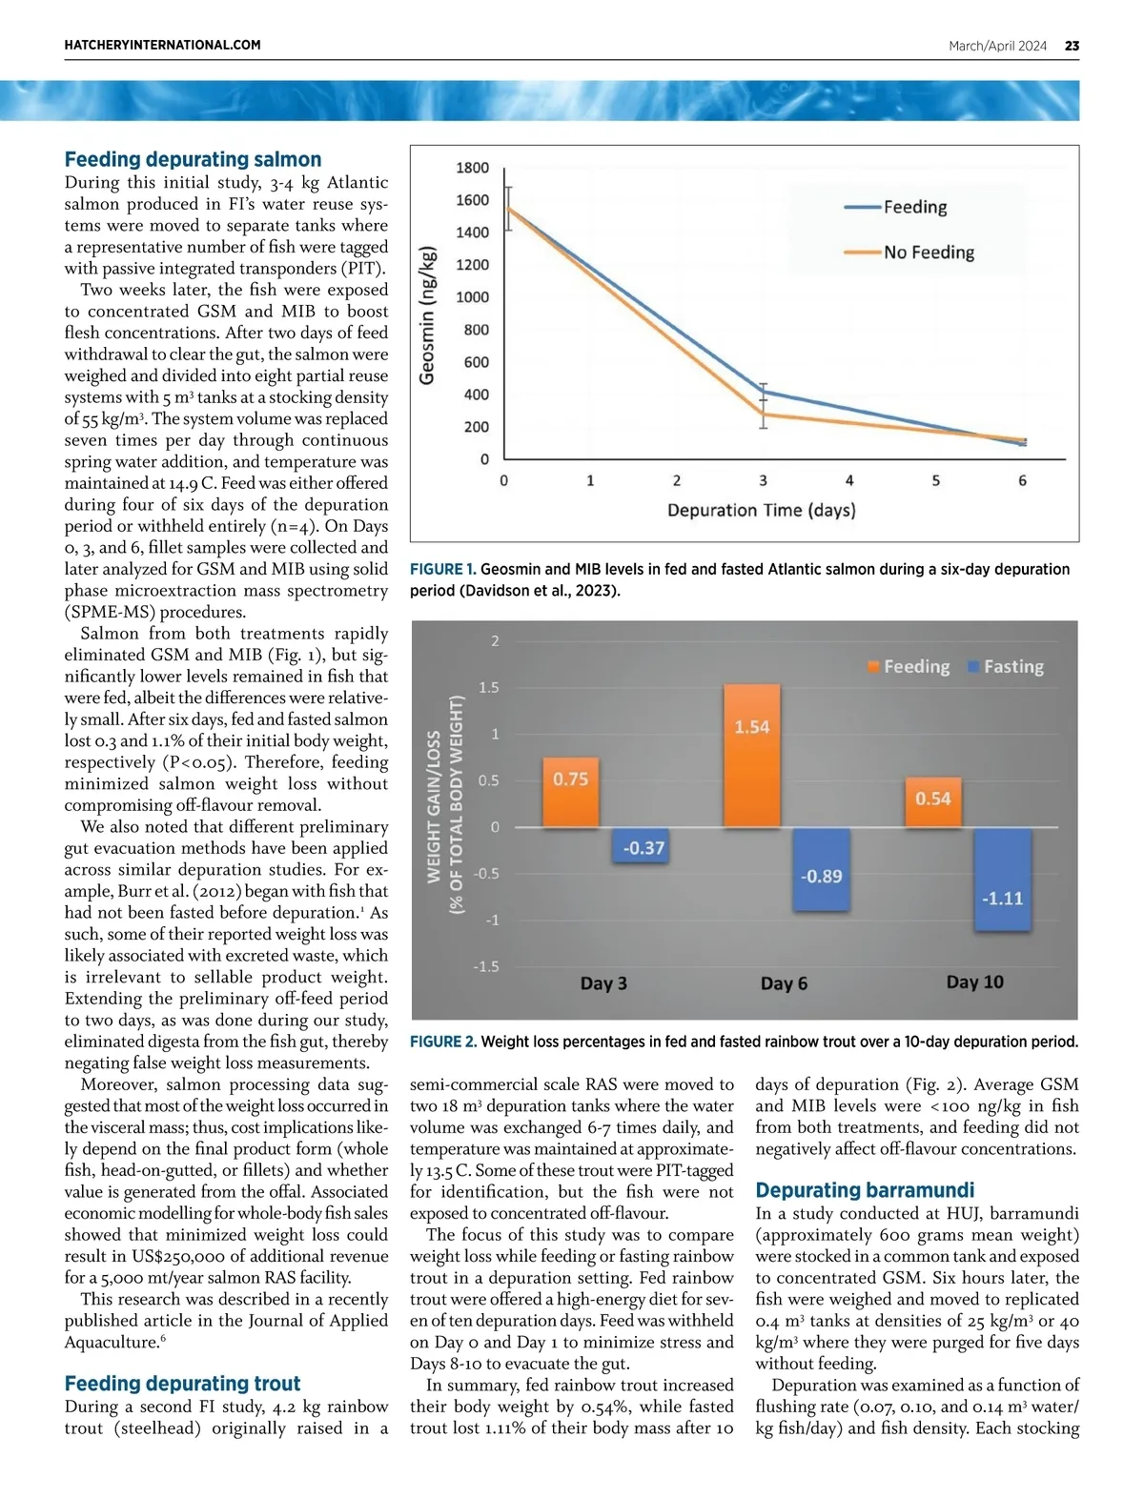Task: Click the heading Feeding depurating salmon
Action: coord(193,159)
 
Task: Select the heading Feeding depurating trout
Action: coord(182,1383)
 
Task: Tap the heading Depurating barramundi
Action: coord(865,1189)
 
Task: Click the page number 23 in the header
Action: coord(1072,46)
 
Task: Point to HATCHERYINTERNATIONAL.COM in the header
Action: coord(162,45)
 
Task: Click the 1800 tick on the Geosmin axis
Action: coord(472,168)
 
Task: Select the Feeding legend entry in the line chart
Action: coord(896,207)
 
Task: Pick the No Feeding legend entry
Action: coord(909,253)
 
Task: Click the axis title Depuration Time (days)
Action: coord(761,510)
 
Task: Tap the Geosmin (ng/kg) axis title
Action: coord(428,315)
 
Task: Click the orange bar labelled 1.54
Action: coord(751,755)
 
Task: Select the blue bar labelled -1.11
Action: coord(1002,879)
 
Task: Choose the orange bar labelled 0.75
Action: coord(571,792)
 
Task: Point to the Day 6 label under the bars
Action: coord(784,983)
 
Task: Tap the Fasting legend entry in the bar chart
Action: coord(1005,667)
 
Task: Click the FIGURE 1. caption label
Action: coord(442,569)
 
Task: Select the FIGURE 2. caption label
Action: coord(443,1042)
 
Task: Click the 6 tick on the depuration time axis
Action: coord(1022,480)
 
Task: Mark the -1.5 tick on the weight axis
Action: coord(486,966)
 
